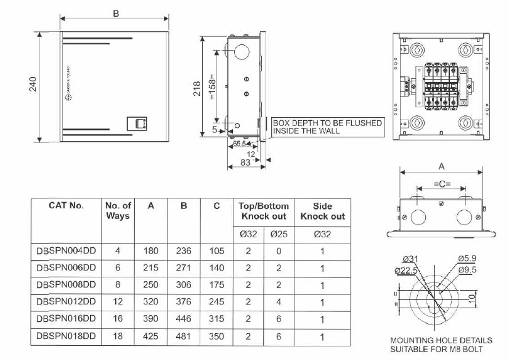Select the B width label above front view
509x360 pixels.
click(x=116, y=14)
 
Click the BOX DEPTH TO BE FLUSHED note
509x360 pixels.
click(x=327, y=127)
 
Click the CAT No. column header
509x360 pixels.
click(x=66, y=206)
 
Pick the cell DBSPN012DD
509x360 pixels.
click(x=66, y=302)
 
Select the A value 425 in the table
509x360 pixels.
click(x=151, y=337)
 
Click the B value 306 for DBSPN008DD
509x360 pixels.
click(x=184, y=285)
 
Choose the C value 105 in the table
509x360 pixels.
click(x=216, y=250)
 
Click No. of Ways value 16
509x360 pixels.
click(x=118, y=319)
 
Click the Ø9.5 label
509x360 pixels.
click(x=466, y=269)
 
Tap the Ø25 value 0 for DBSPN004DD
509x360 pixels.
click(x=279, y=250)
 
